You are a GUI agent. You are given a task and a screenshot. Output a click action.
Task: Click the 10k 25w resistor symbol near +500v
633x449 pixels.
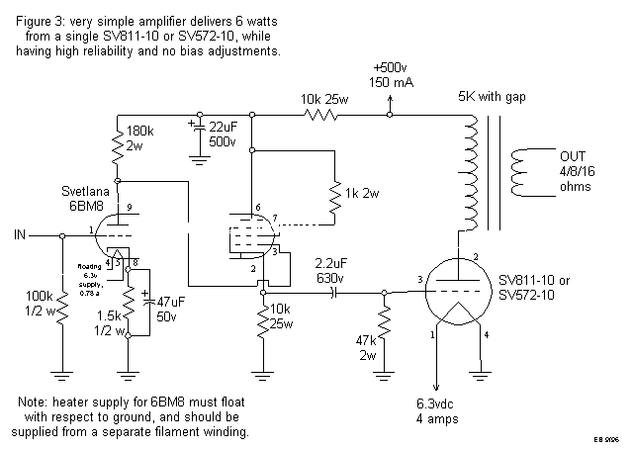tap(319, 116)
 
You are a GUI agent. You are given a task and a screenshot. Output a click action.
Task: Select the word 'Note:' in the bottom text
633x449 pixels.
tap(35, 404)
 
